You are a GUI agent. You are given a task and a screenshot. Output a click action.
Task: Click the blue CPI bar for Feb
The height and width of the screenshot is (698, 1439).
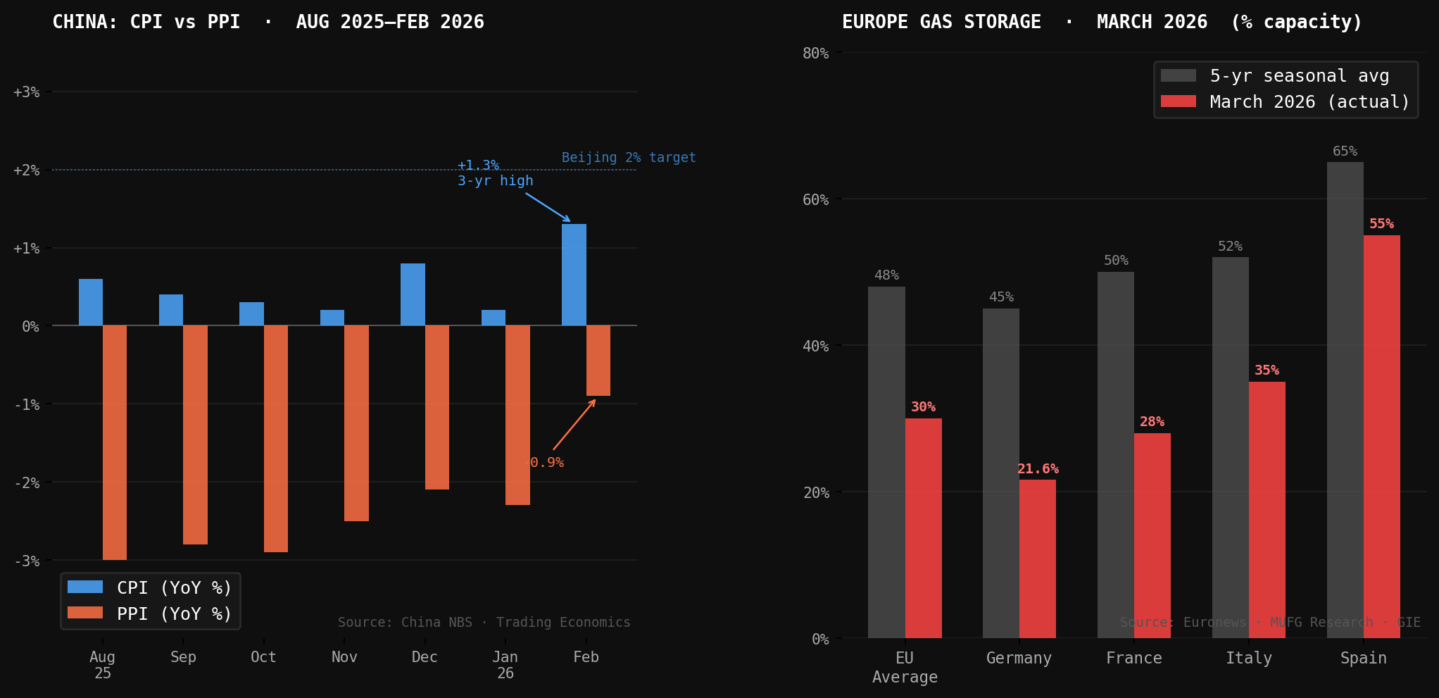click(x=574, y=275)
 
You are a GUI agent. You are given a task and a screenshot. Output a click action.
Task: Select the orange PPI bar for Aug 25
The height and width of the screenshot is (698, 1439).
click(x=115, y=442)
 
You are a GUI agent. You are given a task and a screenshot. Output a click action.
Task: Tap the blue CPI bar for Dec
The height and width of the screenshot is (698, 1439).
click(x=413, y=294)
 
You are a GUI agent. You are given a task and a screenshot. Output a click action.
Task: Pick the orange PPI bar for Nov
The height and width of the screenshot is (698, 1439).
click(x=356, y=423)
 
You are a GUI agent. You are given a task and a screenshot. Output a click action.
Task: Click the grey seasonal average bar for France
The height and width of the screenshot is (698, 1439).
click(x=1115, y=455)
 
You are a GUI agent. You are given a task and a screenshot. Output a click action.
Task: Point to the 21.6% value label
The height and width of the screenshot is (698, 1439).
click(x=1038, y=469)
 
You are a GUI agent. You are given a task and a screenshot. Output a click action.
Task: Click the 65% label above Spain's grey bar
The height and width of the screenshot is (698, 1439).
click(x=1345, y=151)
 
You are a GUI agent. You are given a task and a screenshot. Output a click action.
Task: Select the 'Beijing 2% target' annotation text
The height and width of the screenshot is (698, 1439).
click(x=628, y=158)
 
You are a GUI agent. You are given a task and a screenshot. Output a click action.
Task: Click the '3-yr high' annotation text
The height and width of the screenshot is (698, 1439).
click(x=495, y=181)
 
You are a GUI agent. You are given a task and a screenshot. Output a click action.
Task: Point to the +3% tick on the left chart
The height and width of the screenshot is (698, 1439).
click(x=27, y=92)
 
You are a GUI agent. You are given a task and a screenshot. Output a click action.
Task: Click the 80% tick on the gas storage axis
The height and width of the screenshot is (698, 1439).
click(x=815, y=54)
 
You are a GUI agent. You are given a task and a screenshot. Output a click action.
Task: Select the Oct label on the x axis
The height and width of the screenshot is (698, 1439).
click(x=263, y=657)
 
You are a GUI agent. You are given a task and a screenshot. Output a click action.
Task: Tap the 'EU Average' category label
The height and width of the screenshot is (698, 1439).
click(x=905, y=667)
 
